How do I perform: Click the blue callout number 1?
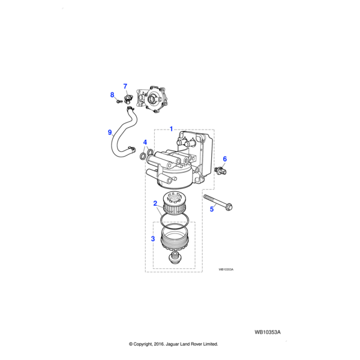click(171, 129)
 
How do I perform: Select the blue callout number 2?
click(155, 203)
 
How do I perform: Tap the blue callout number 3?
click(153, 239)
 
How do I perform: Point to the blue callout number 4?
click(145, 142)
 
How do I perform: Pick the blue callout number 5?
click(212, 209)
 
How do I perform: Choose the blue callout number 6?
click(225, 159)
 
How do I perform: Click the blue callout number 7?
click(125, 86)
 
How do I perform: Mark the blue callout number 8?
click(112, 95)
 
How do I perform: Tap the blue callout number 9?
click(110, 133)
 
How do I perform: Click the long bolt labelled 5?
click(218, 202)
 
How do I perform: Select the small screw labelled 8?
click(119, 101)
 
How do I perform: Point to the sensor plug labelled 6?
click(221, 170)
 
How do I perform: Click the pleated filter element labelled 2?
click(174, 203)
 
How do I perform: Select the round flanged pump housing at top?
click(152, 99)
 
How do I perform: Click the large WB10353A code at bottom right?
click(268, 332)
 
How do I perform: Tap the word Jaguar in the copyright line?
click(172, 344)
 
